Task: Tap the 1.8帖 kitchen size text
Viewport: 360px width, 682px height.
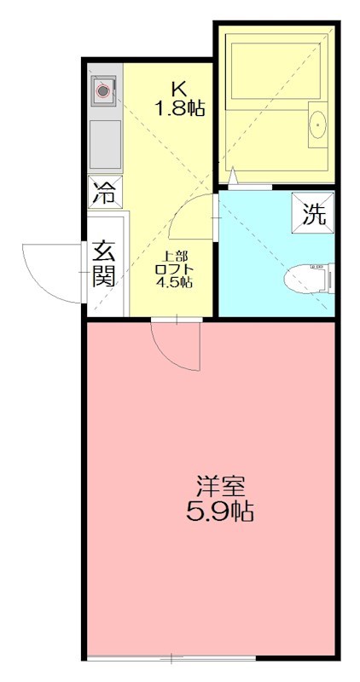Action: point(179,108)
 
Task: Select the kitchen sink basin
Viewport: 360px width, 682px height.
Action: point(105,143)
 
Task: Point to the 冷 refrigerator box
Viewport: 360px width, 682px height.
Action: point(105,192)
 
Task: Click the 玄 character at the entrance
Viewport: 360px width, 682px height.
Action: point(104,251)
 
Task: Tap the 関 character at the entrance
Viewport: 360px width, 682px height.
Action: point(104,275)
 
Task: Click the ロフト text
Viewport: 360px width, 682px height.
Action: point(173,269)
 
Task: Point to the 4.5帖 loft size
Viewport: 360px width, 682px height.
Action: point(173,282)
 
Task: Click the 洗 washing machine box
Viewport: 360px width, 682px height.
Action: point(315,212)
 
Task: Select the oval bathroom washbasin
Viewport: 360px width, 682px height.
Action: point(317,124)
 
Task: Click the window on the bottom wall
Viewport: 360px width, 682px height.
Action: point(171,657)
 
